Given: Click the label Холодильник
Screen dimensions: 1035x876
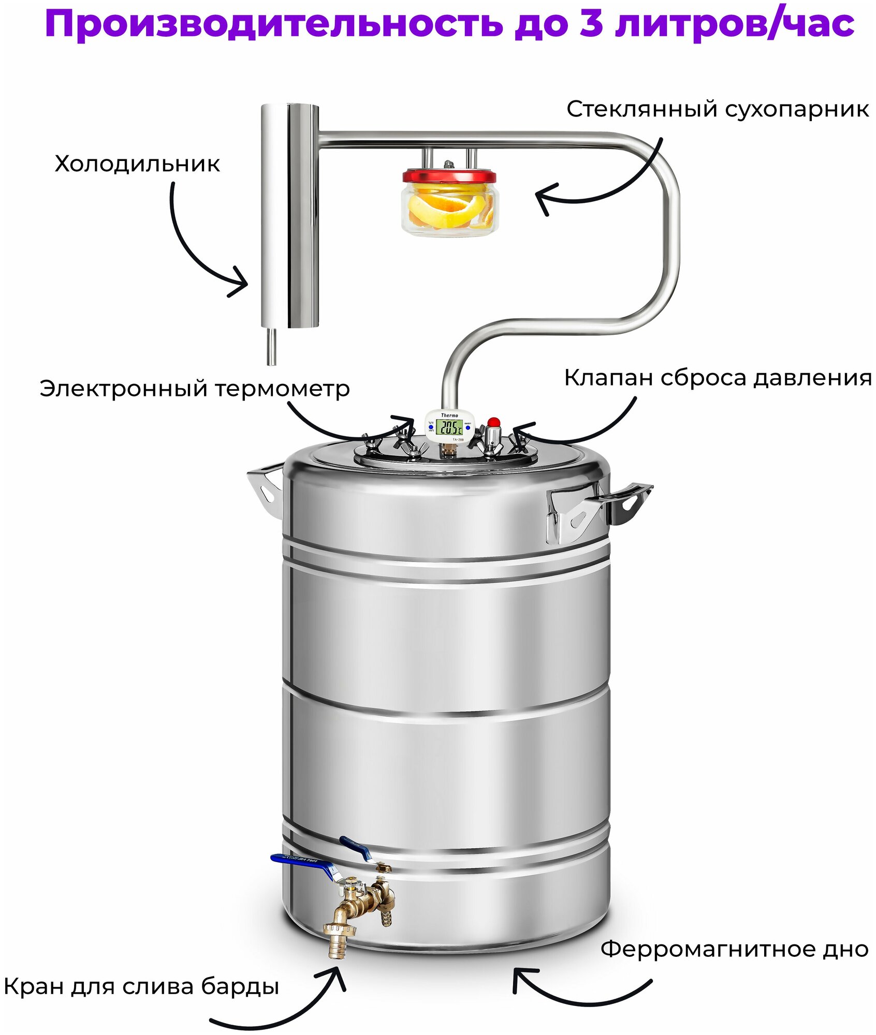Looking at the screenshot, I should click(137, 165).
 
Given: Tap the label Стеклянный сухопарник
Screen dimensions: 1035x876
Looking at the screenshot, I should click(717, 110).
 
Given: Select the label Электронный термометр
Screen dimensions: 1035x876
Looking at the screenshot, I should click(194, 389).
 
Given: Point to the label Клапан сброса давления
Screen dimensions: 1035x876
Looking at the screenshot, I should click(718, 378).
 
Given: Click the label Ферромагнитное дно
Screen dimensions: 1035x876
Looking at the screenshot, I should click(734, 949).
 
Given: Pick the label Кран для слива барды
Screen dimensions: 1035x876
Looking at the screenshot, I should click(141, 986).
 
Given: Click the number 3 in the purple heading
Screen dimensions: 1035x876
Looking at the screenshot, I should click(591, 24).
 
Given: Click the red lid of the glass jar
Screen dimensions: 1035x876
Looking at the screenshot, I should click(449, 176).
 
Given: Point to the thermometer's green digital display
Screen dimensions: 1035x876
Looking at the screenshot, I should click(449, 427).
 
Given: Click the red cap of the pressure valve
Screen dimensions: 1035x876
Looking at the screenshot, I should click(494, 421).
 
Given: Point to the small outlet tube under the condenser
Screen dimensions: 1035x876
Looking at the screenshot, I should click(271, 347).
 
